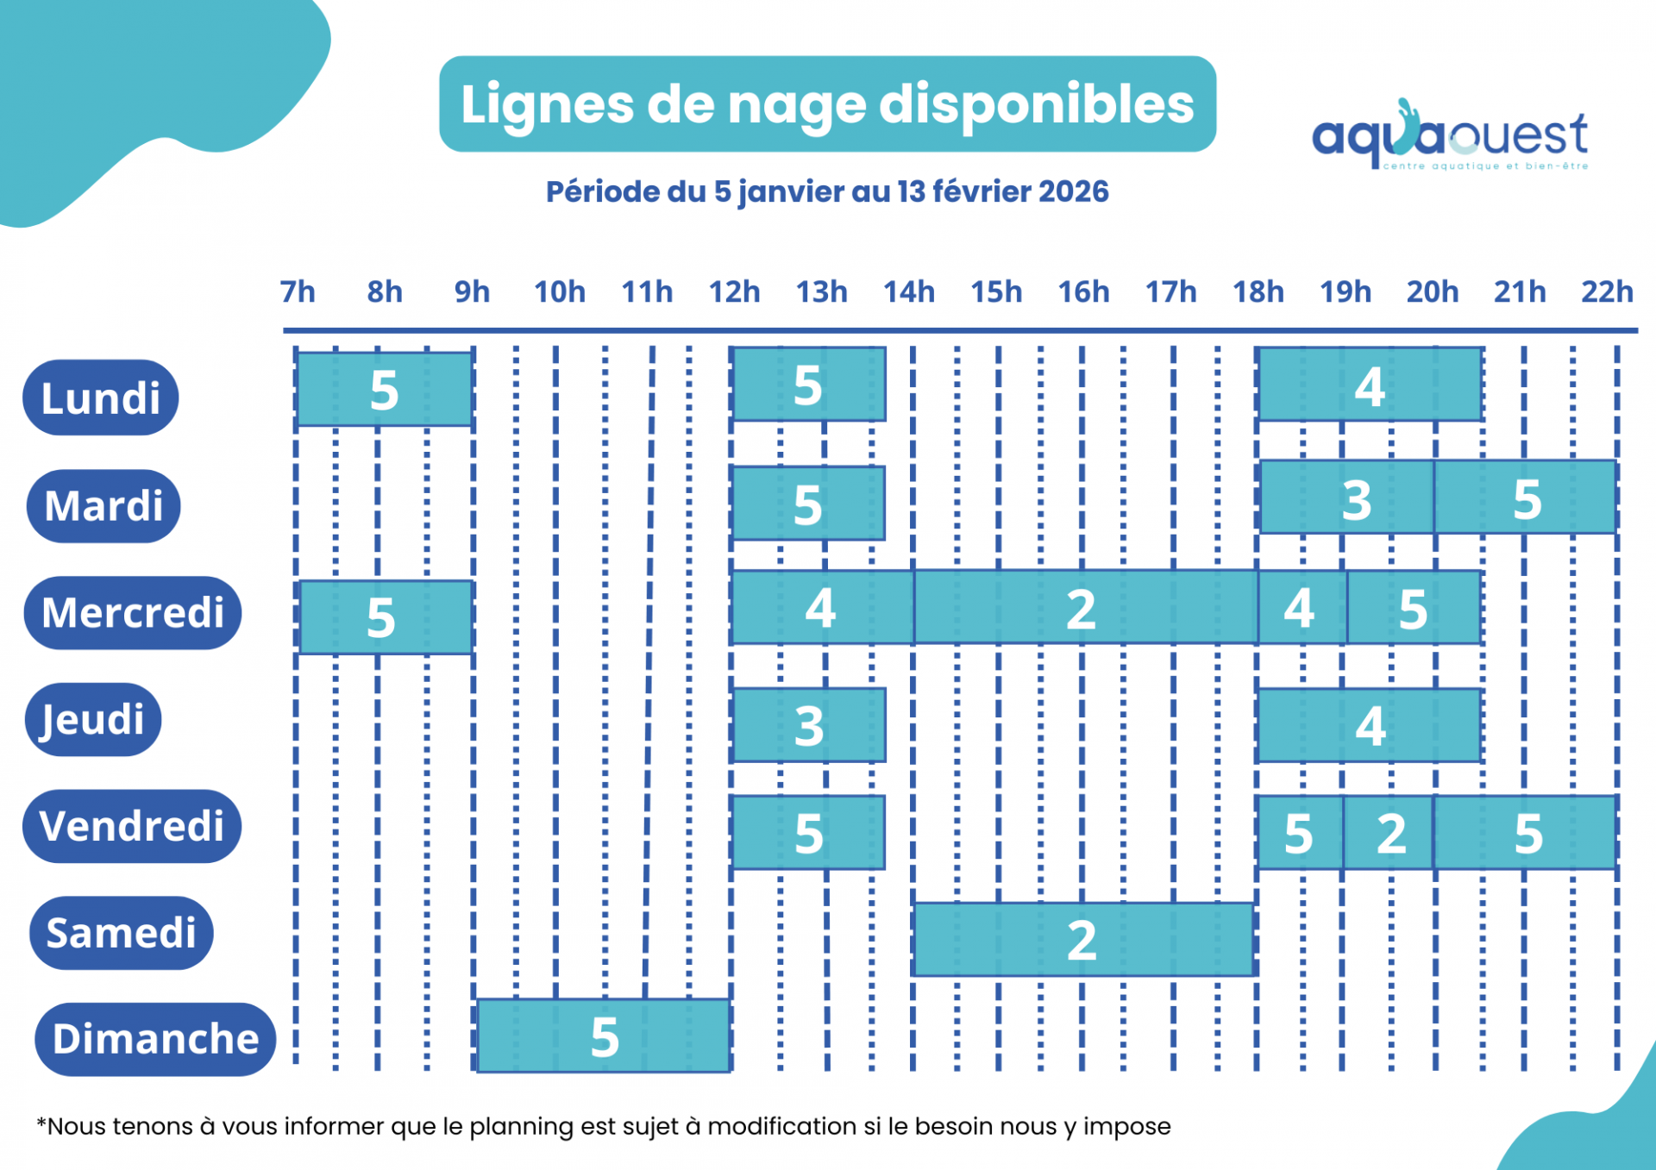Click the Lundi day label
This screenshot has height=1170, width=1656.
click(101, 397)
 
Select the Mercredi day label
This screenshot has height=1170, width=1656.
click(133, 613)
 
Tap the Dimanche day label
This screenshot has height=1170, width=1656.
click(155, 1039)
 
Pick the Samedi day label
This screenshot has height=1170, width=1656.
click(122, 933)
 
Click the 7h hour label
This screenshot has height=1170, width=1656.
click(298, 292)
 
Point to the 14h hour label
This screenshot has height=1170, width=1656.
click(908, 292)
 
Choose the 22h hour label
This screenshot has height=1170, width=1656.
click(1606, 292)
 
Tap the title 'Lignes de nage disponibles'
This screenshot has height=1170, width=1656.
click(827, 104)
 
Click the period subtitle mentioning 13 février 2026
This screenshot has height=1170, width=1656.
click(827, 191)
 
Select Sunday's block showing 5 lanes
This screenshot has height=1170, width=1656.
click(604, 1035)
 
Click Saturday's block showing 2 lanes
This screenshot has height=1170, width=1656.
click(1083, 939)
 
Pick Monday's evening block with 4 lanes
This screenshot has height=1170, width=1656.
click(1370, 385)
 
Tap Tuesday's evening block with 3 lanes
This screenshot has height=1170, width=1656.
click(1346, 497)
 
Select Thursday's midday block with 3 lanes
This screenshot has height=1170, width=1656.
click(808, 725)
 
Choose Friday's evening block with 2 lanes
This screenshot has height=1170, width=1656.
click(1389, 833)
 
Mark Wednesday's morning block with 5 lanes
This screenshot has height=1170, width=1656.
click(385, 617)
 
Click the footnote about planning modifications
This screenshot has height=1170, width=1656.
click(604, 1126)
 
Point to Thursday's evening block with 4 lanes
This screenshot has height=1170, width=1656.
click(1370, 725)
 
